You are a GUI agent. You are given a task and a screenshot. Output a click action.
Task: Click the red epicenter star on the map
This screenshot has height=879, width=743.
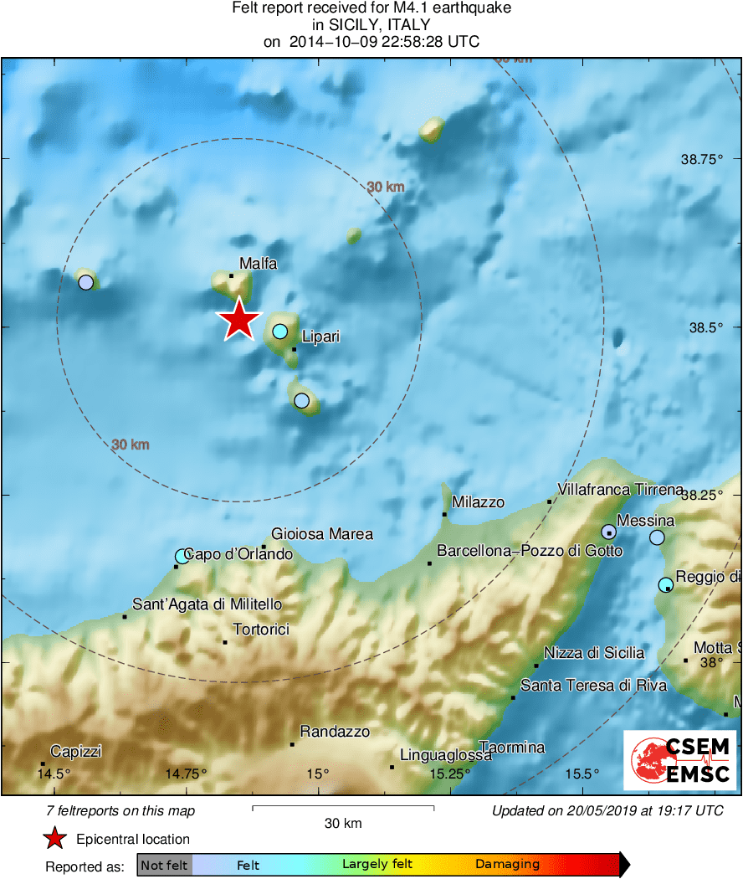pyautogui.click(x=239, y=320)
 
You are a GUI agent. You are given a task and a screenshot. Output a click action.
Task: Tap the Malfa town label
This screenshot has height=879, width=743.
pyautogui.click(x=258, y=264)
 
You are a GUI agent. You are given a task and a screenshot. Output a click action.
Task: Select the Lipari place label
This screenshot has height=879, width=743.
pyautogui.click(x=320, y=337)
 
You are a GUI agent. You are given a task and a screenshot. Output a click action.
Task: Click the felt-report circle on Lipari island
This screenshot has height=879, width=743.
pyautogui.click(x=280, y=331)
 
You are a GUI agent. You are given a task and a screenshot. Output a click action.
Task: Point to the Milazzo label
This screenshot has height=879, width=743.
pyautogui.click(x=478, y=502)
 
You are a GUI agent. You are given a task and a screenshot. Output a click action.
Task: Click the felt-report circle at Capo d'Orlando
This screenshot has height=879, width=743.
pyautogui.click(x=182, y=556)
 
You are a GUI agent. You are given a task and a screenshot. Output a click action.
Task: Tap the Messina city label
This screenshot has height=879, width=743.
pyautogui.click(x=645, y=521)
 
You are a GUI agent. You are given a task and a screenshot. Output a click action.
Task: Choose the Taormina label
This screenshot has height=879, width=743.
pyautogui.click(x=511, y=748)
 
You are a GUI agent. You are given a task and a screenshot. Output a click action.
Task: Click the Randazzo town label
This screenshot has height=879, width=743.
pyautogui.click(x=335, y=732)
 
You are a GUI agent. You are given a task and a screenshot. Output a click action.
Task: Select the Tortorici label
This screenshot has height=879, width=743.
pyautogui.click(x=260, y=629)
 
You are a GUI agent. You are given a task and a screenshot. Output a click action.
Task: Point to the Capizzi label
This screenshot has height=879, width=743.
pyautogui.click(x=75, y=752)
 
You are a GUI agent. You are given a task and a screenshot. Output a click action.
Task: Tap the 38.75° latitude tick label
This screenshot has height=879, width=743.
pyautogui.click(x=701, y=159)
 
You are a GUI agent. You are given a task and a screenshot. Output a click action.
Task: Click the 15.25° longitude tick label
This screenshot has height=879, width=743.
pyautogui.click(x=450, y=773)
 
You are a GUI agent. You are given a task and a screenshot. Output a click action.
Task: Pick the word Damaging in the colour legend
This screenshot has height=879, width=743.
pyautogui.click(x=507, y=864)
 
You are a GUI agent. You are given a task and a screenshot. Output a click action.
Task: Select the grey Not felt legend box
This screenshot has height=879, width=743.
pyautogui.click(x=164, y=864)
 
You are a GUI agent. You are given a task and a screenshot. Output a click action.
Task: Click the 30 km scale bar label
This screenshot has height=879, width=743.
pyautogui.click(x=343, y=824)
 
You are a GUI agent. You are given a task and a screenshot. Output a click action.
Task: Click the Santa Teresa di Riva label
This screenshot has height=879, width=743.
pyautogui.click(x=593, y=686)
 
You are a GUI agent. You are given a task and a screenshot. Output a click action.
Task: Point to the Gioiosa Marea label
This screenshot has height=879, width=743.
pyautogui.click(x=322, y=534)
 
